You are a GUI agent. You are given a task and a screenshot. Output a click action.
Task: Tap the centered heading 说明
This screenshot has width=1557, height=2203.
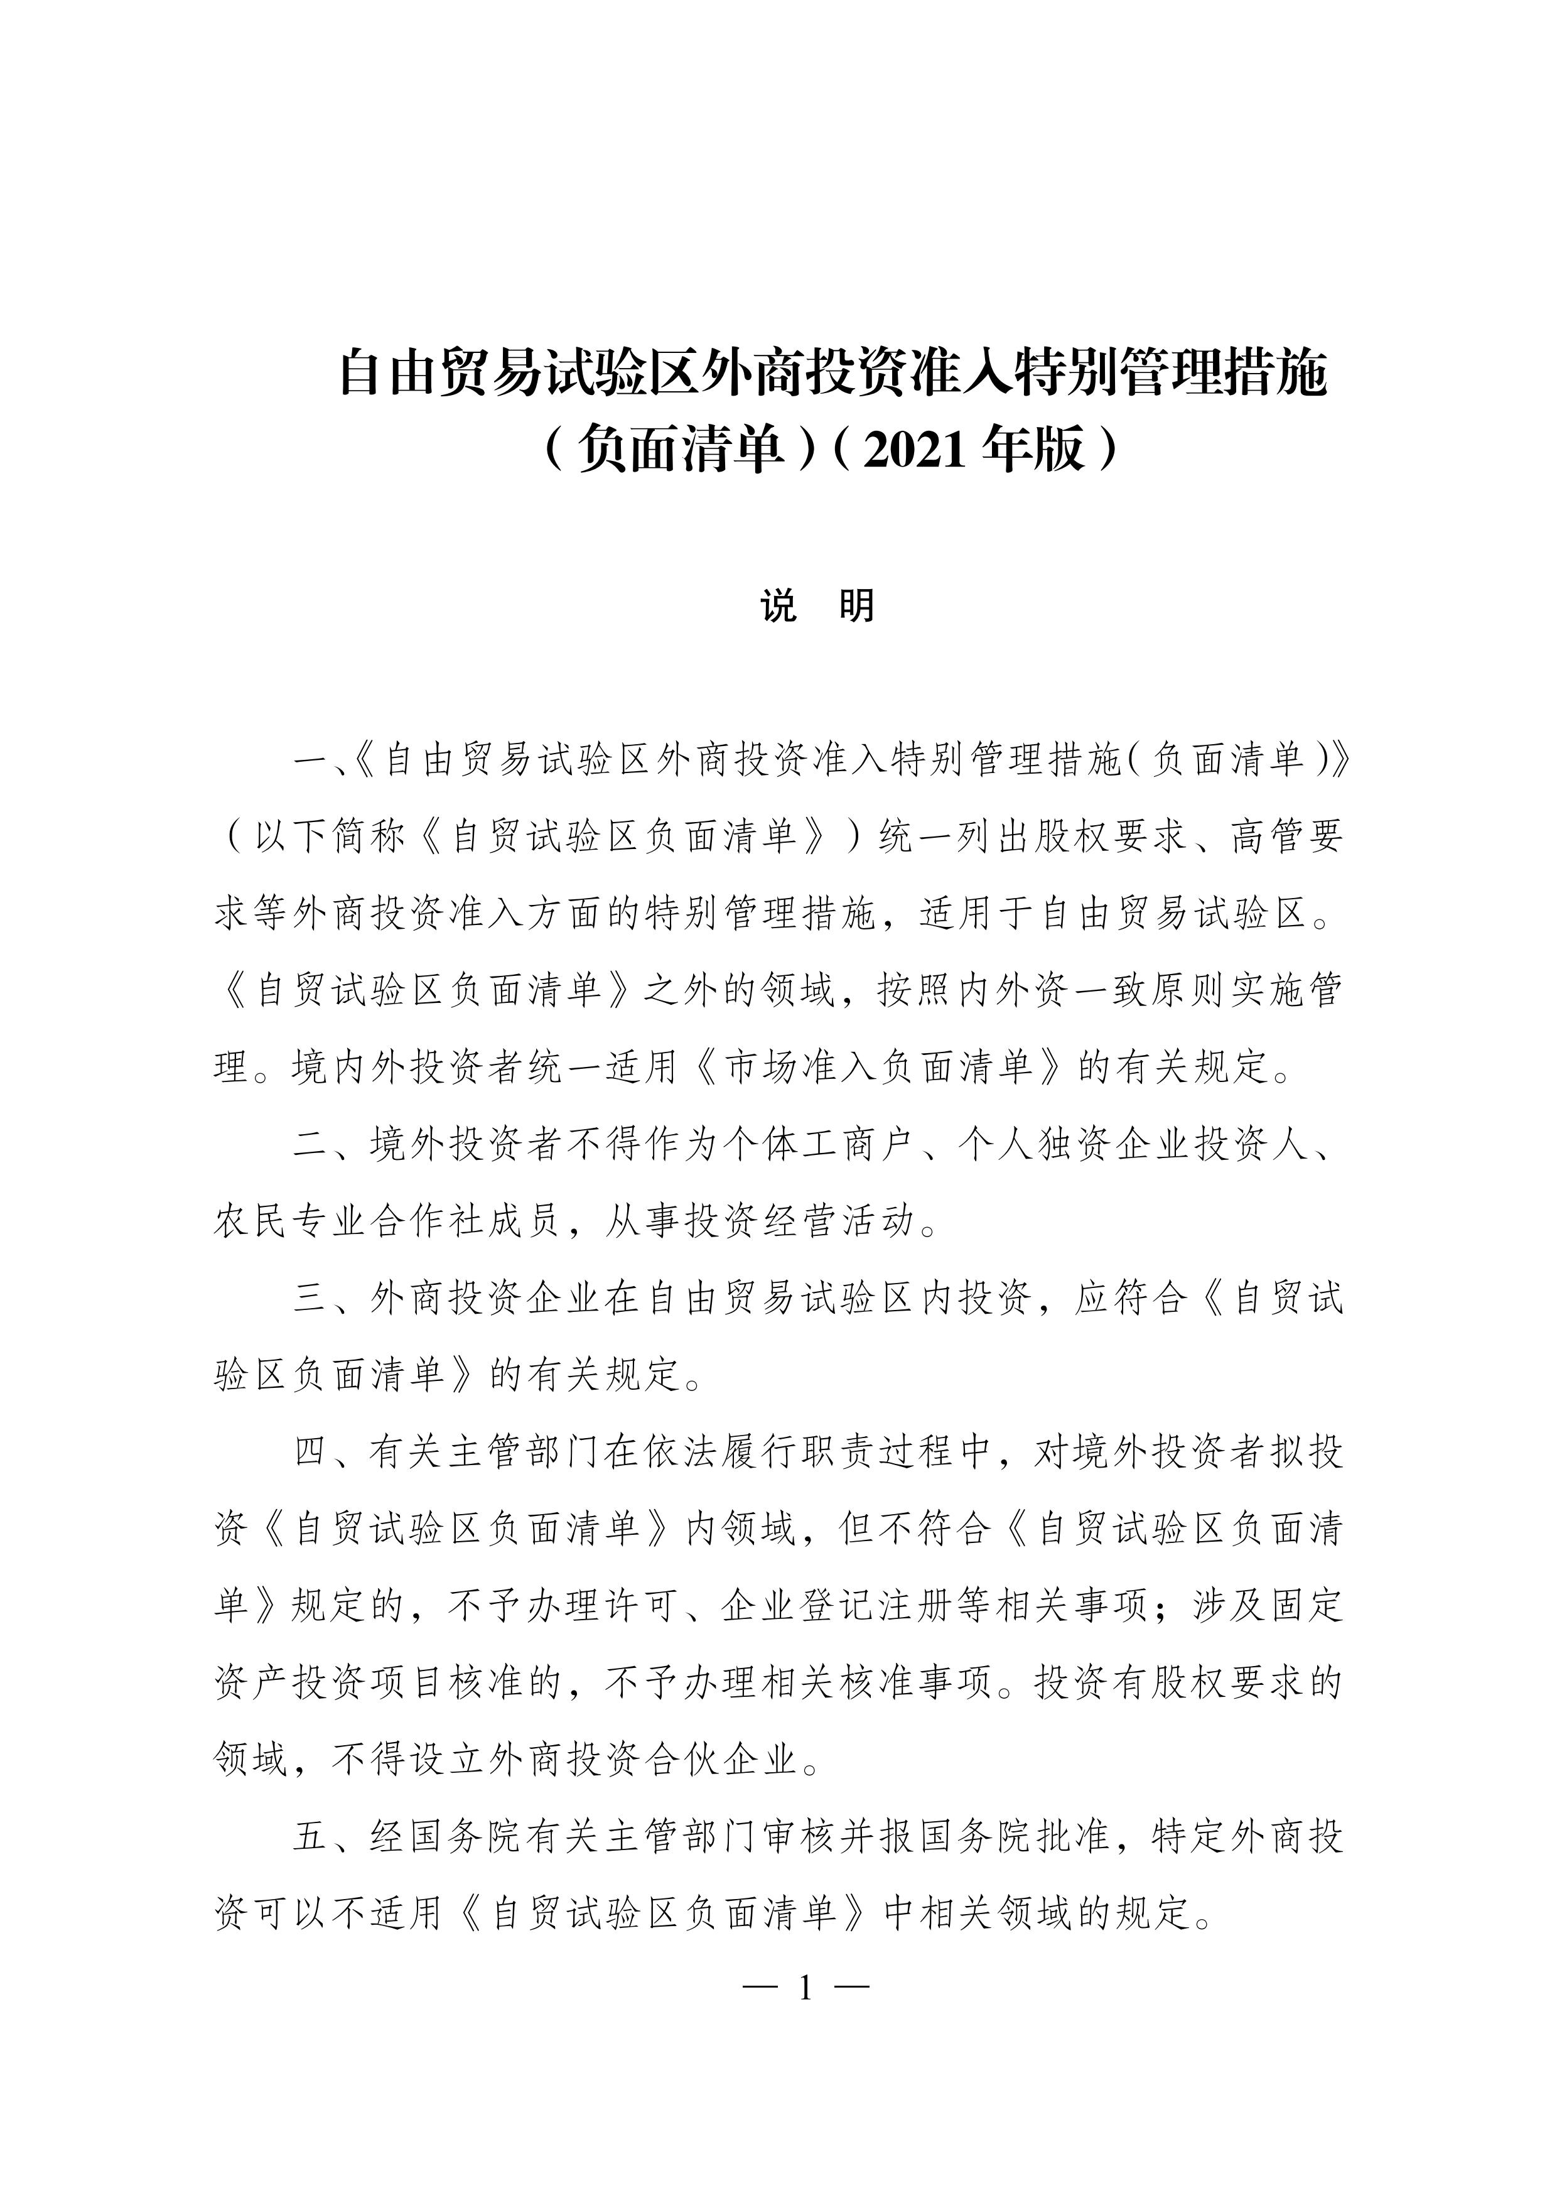pyautogui.click(x=817, y=607)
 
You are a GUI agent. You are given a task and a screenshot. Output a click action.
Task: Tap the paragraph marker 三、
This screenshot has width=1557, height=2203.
pyautogui.click(x=331, y=1298)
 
